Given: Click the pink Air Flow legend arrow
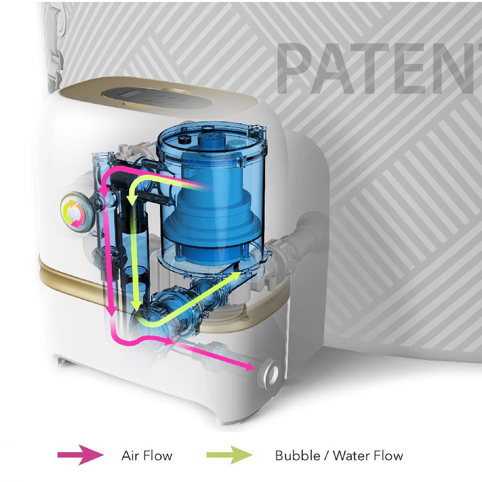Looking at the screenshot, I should pos(80,455).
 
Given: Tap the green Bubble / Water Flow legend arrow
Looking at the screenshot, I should pos(229,455).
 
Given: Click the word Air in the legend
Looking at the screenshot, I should pos(131,455).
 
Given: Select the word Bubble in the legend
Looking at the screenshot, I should pos(297,455).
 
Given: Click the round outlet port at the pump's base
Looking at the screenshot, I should pos(269,373).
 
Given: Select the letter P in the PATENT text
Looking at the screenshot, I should pos(299,67).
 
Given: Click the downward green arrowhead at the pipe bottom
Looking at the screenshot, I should pos(136,306).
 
